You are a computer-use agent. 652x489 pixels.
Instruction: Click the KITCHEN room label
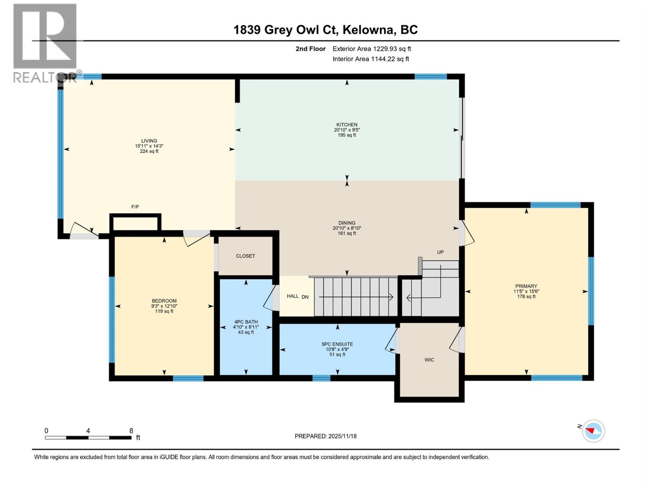click(x=347, y=125)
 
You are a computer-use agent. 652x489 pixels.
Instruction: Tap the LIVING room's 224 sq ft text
click(x=149, y=151)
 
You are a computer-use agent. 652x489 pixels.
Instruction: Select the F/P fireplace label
click(x=135, y=207)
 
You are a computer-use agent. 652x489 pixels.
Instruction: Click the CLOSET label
click(x=245, y=256)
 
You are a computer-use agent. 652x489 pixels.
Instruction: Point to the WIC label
click(x=429, y=360)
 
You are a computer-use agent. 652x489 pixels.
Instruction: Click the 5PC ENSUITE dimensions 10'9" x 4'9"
click(x=337, y=349)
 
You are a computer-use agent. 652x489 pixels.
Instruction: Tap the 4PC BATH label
click(x=246, y=322)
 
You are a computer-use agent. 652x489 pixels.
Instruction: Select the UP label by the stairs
click(x=440, y=252)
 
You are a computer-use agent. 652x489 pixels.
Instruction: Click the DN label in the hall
click(x=305, y=297)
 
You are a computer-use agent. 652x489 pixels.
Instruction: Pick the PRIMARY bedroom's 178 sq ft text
click(x=526, y=297)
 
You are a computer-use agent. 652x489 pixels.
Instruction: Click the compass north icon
click(x=593, y=431)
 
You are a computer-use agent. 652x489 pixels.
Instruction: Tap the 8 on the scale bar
click(x=131, y=431)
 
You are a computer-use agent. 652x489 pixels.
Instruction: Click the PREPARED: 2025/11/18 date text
click(x=326, y=436)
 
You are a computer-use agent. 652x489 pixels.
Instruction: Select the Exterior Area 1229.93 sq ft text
click(x=372, y=49)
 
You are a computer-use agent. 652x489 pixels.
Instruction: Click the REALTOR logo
click(x=45, y=43)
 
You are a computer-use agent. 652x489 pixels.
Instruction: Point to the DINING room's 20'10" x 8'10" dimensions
click(x=347, y=228)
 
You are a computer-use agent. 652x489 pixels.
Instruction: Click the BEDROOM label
click(x=164, y=301)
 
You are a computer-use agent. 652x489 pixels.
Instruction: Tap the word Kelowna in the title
click(x=368, y=30)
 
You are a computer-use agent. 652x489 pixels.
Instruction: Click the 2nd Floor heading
click(x=311, y=49)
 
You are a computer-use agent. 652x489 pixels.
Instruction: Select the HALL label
click(x=293, y=296)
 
